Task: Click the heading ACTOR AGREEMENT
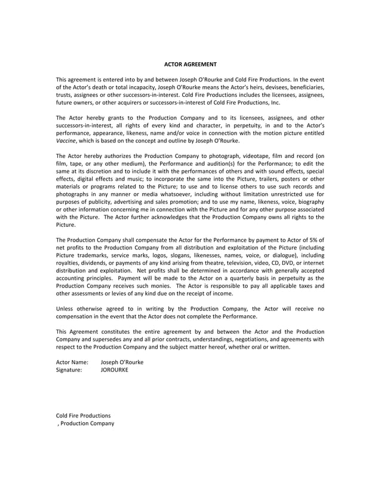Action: [190, 64]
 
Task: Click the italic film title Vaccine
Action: [66, 141]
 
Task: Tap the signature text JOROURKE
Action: [114, 370]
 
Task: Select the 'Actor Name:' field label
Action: [72, 362]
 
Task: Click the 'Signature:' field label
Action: [69, 370]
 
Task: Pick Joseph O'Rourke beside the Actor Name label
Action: [122, 362]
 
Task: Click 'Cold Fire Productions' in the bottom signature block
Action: [83, 416]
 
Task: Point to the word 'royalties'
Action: [68, 263]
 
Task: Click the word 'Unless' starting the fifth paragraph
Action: [65, 309]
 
